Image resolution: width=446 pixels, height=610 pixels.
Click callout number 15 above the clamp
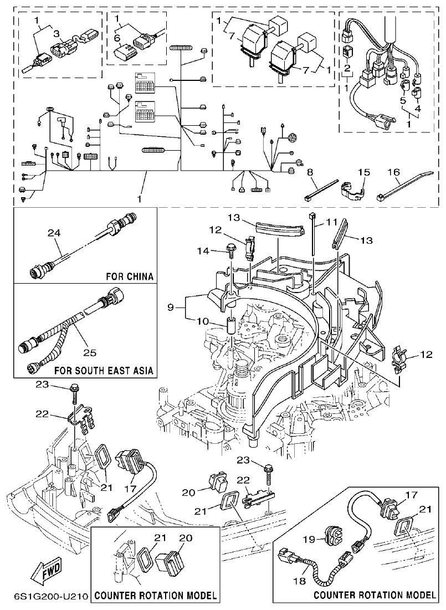coord(363,173)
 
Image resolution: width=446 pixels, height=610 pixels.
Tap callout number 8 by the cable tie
coord(311,172)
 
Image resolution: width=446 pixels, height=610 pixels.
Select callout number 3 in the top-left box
coord(55,34)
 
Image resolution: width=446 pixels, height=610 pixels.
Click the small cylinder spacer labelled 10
coord(231,326)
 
